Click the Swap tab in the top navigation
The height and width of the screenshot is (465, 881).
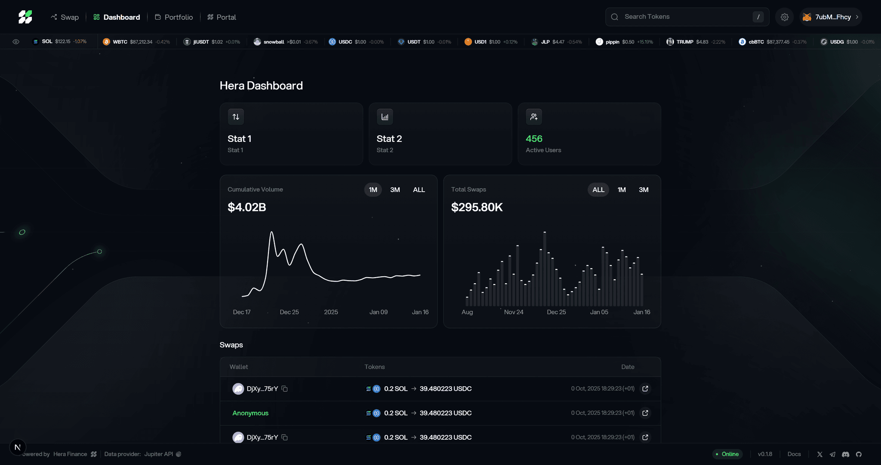[x=65, y=17]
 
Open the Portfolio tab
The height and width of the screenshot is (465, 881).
[x=174, y=17]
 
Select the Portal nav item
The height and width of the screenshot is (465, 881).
[x=222, y=17]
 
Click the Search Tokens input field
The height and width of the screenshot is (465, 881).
[x=684, y=17]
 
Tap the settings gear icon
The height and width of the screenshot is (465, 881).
[x=784, y=17]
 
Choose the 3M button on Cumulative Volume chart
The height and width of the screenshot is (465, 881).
[x=395, y=190]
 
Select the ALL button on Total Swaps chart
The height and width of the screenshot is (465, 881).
[x=598, y=190]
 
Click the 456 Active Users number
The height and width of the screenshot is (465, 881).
[x=534, y=139]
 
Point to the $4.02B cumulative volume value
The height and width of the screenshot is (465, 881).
[x=247, y=207]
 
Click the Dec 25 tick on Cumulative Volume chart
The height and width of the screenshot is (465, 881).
[x=289, y=312]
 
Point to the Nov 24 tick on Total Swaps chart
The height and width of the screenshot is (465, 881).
[x=514, y=312]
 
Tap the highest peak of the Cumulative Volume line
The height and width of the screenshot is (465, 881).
[x=271, y=232]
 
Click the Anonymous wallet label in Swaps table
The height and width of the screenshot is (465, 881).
[x=250, y=413]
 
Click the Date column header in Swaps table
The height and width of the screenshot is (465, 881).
[x=628, y=367]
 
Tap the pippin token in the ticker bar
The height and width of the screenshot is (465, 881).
[x=612, y=42]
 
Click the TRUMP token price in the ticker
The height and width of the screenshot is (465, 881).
[x=702, y=42]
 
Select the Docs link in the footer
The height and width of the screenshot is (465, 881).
[x=794, y=454]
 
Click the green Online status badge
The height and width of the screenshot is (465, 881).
[x=727, y=454]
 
